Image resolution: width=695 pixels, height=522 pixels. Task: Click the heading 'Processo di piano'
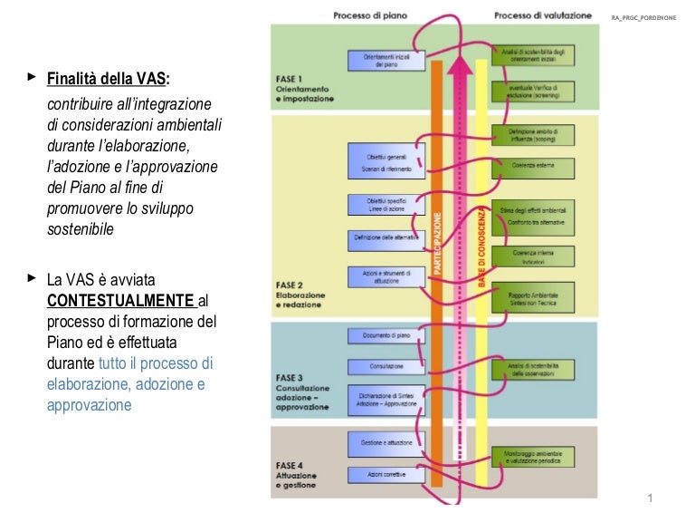coord(370,15)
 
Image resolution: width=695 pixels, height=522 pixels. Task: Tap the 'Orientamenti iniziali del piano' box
coord(386,60)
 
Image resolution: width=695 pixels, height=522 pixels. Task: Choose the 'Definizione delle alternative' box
coord(386,239)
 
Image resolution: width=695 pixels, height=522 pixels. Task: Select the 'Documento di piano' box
coord(386,336)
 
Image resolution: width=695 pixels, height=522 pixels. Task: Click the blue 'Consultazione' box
coord(386,367)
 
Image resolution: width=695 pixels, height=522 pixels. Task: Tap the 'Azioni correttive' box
coord(386,474)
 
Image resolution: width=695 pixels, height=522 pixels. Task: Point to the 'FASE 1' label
coord(290,79)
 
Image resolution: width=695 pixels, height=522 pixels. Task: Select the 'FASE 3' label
coord(290,376)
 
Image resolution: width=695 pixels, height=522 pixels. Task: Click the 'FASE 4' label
coord(290,466)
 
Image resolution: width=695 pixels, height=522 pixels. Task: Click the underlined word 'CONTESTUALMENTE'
coord(119,300)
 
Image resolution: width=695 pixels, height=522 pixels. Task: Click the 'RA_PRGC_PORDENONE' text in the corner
coord(649,16)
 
